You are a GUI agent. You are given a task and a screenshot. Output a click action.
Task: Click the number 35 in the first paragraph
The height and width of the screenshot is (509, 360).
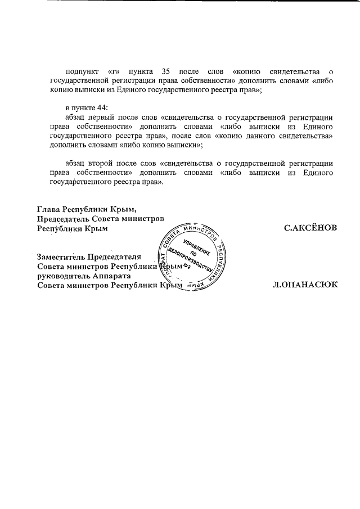tap(166, 72)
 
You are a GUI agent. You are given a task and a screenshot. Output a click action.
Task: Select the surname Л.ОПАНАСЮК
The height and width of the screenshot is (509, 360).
tap(304, 285)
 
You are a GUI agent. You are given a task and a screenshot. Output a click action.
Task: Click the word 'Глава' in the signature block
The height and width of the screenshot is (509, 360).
tap(48, 208)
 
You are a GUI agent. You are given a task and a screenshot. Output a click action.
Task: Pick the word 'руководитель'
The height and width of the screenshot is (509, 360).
tap(64, 276)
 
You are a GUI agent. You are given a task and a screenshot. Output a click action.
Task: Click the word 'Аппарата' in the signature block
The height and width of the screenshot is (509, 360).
tap(113, 276)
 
